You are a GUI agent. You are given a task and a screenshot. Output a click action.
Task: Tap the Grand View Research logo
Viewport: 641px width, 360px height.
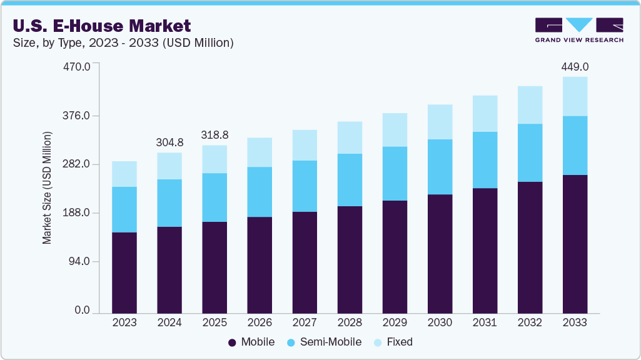(579, 30)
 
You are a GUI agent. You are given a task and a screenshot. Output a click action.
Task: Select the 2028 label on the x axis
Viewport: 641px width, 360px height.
(350, 323)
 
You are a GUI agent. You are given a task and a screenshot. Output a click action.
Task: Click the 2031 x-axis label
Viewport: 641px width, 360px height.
(485, 323)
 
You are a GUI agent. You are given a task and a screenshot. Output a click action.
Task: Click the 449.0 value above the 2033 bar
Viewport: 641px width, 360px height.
(575, 66)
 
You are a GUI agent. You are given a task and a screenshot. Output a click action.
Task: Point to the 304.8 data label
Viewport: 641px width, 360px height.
(169, 142)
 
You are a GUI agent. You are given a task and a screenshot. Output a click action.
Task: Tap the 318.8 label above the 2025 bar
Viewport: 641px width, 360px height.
(215, 135)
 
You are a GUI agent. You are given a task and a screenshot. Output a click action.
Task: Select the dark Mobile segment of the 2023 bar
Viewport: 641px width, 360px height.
(124, 272)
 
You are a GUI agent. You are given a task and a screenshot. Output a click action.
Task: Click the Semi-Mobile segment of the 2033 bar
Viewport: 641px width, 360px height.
(575, 145)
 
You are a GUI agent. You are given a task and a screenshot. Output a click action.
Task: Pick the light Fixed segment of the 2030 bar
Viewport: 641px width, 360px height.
(440, 122)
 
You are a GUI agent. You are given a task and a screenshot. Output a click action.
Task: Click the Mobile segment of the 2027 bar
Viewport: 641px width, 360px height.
(305, 262)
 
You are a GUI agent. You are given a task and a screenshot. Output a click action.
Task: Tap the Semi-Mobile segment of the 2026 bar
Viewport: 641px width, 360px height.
(260, 192)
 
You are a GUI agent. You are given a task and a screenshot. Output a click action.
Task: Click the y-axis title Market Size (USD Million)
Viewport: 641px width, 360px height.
(48, 188)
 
